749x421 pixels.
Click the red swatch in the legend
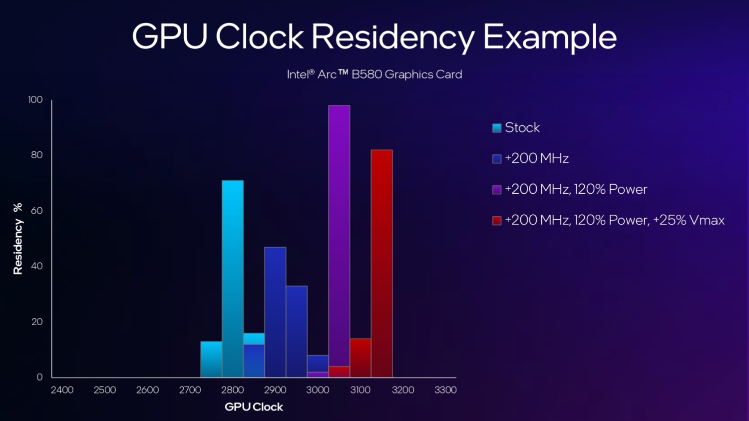point(497,221)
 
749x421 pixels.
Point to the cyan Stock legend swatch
point(497,128)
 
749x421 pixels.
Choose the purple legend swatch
point(497,190)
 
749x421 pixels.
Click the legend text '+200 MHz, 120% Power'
point(576,189)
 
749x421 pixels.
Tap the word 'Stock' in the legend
point(522,128)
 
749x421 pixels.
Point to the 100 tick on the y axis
point(35,100)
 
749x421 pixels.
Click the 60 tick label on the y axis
point(37,211)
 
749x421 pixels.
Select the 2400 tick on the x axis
point(62,390)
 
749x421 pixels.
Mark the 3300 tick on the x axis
point(445,390)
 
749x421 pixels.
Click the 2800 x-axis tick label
point(233,390)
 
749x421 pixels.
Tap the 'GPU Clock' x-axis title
point(254,407)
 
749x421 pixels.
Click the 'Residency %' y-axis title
point(18,239)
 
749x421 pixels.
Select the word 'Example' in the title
point(550,37)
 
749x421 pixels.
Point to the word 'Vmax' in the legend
point(707,220)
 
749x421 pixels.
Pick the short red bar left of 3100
point(360,358)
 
